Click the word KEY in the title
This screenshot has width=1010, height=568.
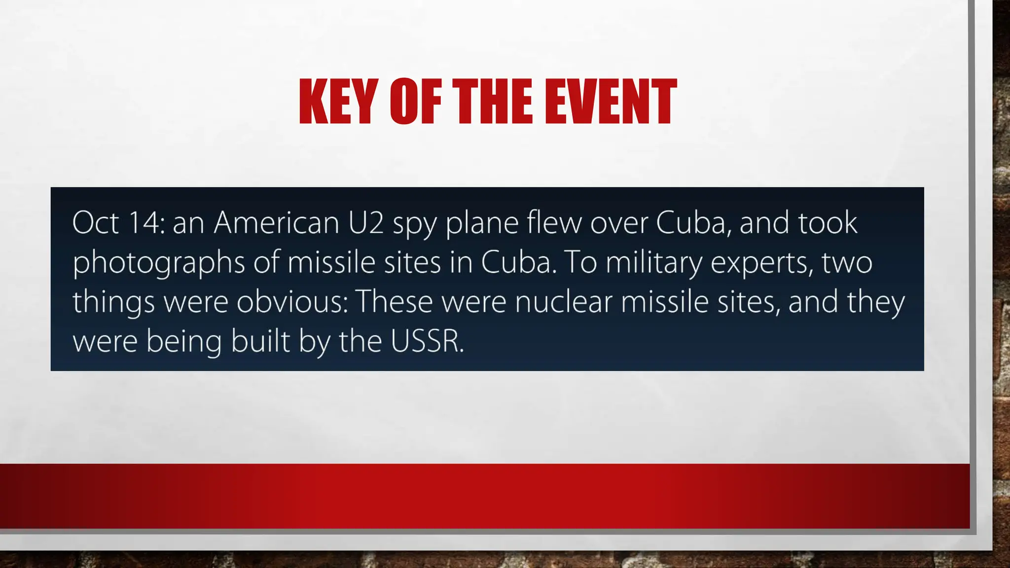[x=335, y=102]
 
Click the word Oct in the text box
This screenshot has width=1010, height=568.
[x=96, y=223]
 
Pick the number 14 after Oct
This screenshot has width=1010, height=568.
[x=145, y=223]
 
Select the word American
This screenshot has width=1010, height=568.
[x=277, y=223]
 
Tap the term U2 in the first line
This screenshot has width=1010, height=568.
[x=366, y=223]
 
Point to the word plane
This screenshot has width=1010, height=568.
[x=482, y=224]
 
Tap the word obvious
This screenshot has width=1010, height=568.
[x=292, y=302]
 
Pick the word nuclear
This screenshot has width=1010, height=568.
[x=563, y=302]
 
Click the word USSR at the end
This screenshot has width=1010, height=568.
[x=427, y=341]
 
